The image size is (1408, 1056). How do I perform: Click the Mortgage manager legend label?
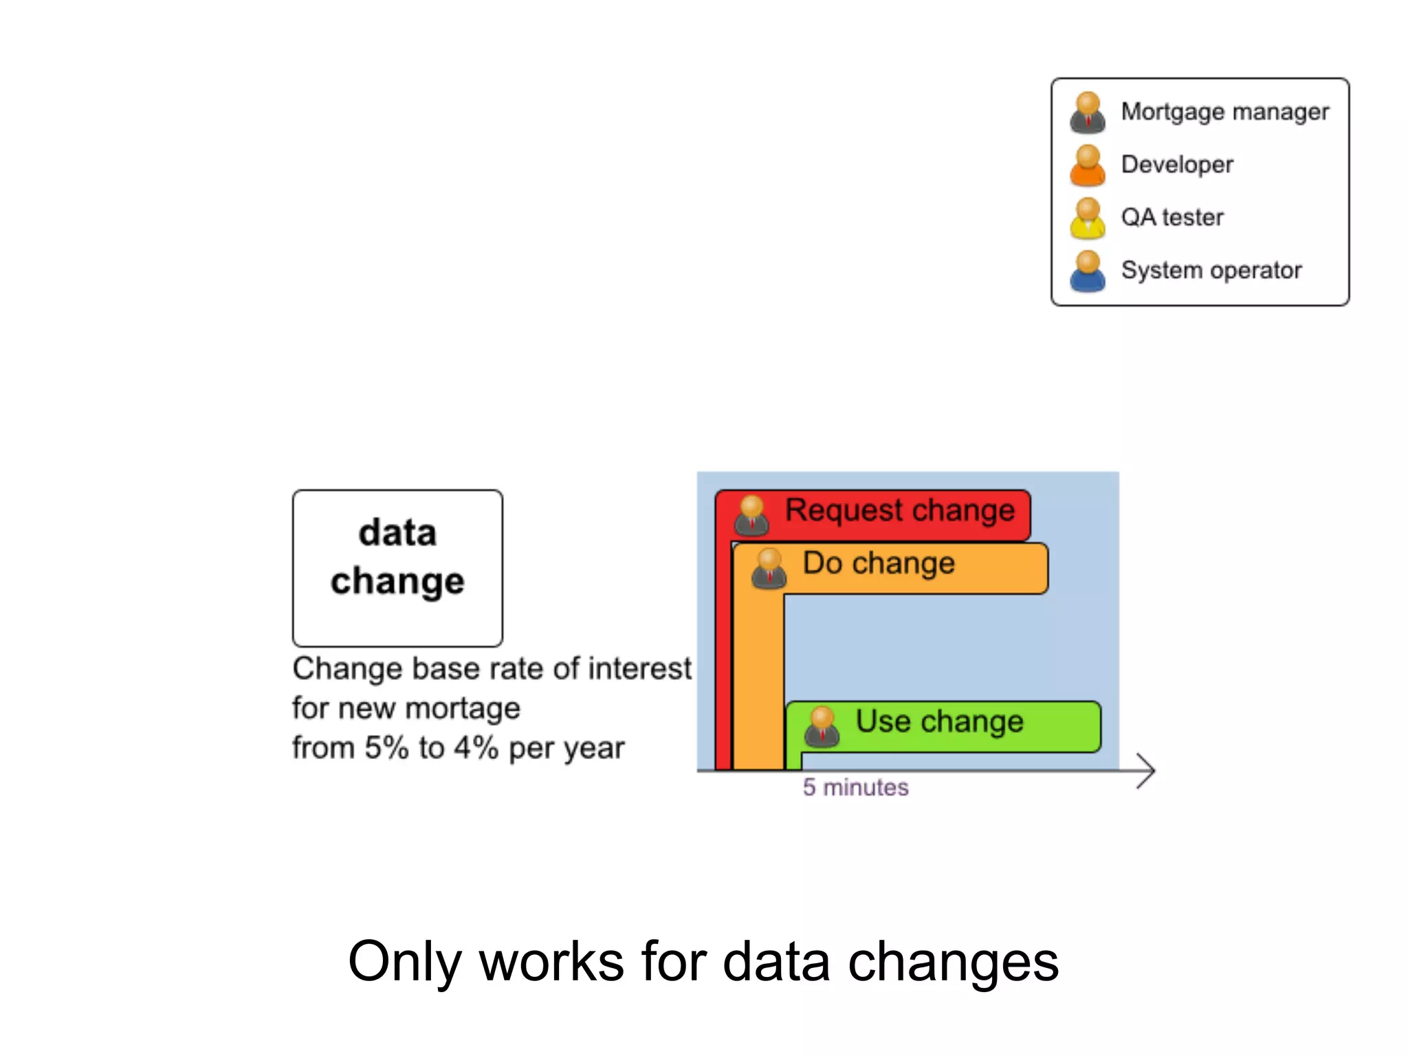pyautogui.click(x=1224, y=111)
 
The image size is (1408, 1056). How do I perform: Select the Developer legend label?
pyautogui.click(x=1177, y=164)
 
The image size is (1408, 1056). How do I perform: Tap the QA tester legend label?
pyautogui.click(x=1172, y=217)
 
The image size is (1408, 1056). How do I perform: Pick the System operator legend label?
pyautogui.click(x=1211, y=270)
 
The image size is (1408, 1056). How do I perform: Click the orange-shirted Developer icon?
pyautogui.click(x=1088, y=166)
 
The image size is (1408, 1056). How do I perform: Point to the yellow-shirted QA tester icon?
pyautogui.click(x=1088, y=219)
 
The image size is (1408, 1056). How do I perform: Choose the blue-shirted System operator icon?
pyautogui.click(x=1088, y=272)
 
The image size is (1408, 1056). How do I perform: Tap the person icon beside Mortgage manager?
pyautogui.click(x=1088, y=113)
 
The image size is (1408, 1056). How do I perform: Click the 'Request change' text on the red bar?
pyautogui.click(x=900, y=510)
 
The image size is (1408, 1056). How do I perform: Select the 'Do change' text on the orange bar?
pyautogui.click(x=879, y=563)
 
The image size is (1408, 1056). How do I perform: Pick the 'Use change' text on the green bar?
pyautogui.click(x=939, y=721)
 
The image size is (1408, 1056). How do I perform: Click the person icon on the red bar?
pyautogui.click(x=751, y=516)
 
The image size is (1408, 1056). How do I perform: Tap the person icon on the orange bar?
pyautogui.click(x=769, y=569)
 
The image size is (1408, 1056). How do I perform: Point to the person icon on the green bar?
pyautogui.click(x=822, y=727)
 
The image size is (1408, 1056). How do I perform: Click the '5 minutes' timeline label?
pyautogui.click(x=855, y=787)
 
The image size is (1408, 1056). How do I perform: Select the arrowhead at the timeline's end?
pyautogui.click(x=1147, y=771)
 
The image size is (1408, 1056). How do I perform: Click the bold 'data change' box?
pyautogui.click(x=397, y=568)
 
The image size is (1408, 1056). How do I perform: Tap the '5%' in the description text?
pyautogui.click(x=386, y=748)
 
